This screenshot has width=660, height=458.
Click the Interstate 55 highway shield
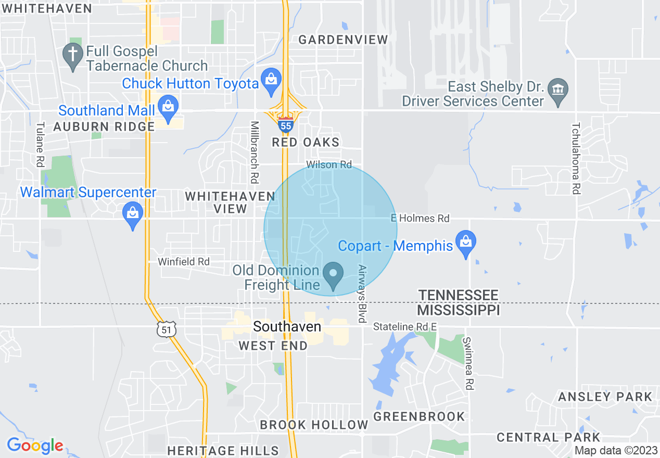coord(285,125)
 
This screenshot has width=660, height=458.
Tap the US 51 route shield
coord(166,329)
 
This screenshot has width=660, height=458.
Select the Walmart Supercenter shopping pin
coord(133,215)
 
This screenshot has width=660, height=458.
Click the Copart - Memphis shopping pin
coord(465,244)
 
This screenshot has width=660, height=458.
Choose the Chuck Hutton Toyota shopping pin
coord(271,81)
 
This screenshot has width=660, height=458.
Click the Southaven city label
coord(287,327)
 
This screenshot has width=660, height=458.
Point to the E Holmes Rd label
coord(420,219)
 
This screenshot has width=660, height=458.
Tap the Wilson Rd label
coord(329,164)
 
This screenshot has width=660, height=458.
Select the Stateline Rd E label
coord(405,327)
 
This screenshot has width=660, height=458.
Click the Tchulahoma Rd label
coord(575,158)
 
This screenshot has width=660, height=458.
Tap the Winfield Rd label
coord(184,262)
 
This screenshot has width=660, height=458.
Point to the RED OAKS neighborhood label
coord(306,142)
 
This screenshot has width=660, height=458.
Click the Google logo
coord(35,446)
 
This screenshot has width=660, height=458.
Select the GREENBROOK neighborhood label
coord(419,416)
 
